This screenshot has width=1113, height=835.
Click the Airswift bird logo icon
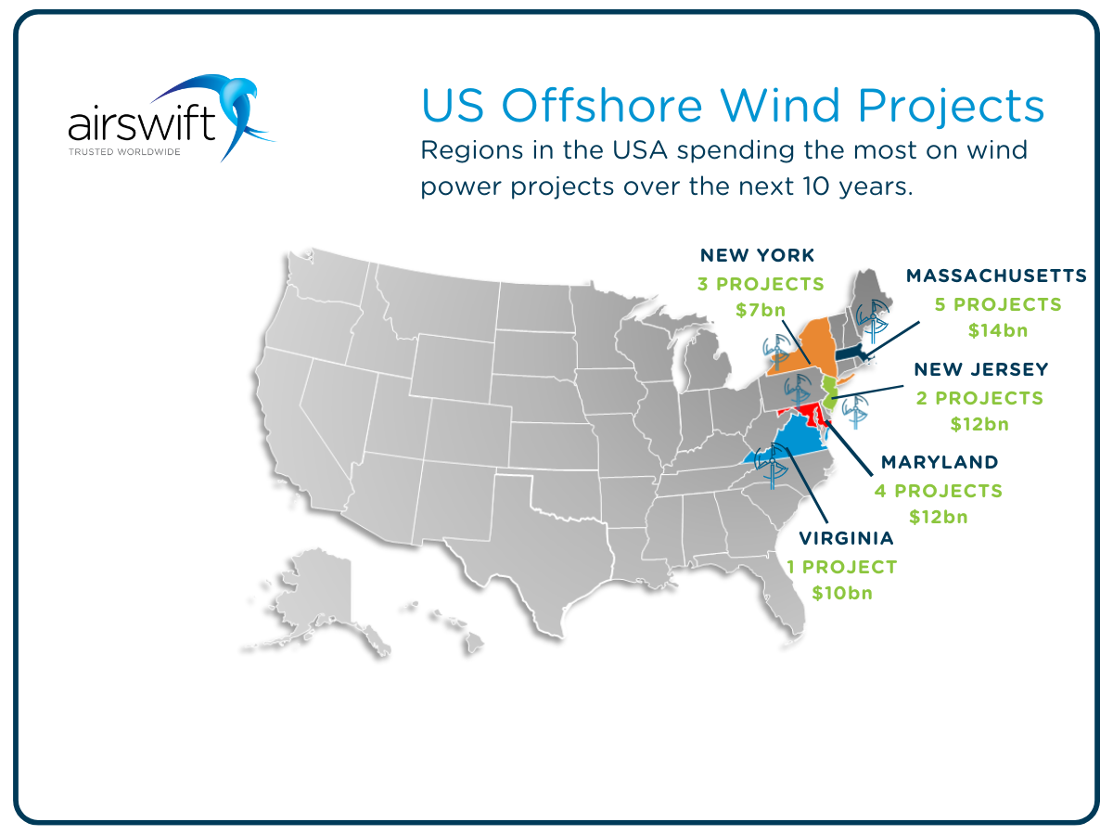[237, 111]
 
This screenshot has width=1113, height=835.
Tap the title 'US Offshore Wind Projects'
[732, 106]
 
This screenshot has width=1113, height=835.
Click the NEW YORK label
[757, 255]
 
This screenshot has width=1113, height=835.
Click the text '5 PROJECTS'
[998, 304]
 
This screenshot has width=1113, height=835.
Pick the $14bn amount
[998, 330]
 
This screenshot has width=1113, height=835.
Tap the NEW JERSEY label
[981, 369]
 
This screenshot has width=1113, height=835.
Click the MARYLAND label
[940, 462]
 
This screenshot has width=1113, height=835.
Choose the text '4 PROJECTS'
[939, 490]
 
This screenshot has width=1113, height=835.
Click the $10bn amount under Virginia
[842, 592]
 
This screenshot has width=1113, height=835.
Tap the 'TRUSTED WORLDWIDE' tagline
[124, 151]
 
